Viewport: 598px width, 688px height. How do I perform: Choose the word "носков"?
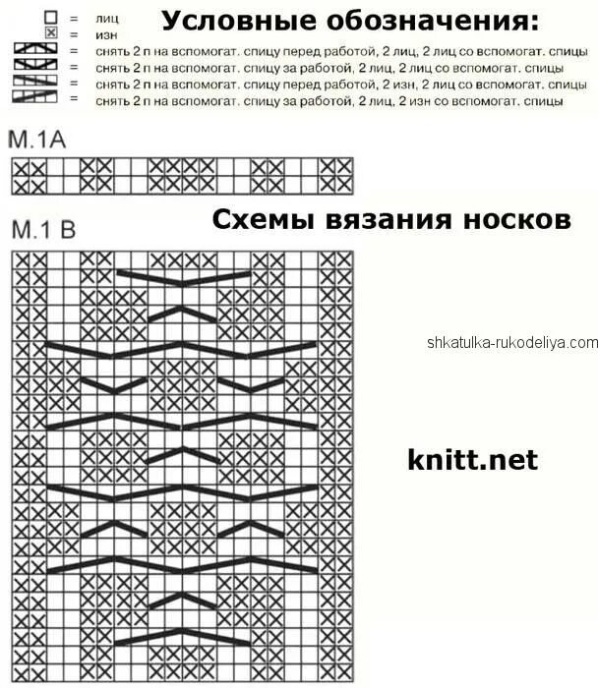tap(520, 218)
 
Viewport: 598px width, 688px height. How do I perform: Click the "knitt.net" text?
tap(472, 458)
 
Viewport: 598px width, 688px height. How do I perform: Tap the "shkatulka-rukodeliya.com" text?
tap(511, 342)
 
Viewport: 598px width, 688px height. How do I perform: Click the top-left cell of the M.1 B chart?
tap(20, 259)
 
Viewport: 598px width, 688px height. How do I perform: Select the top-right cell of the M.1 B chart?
tap(344, 259)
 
